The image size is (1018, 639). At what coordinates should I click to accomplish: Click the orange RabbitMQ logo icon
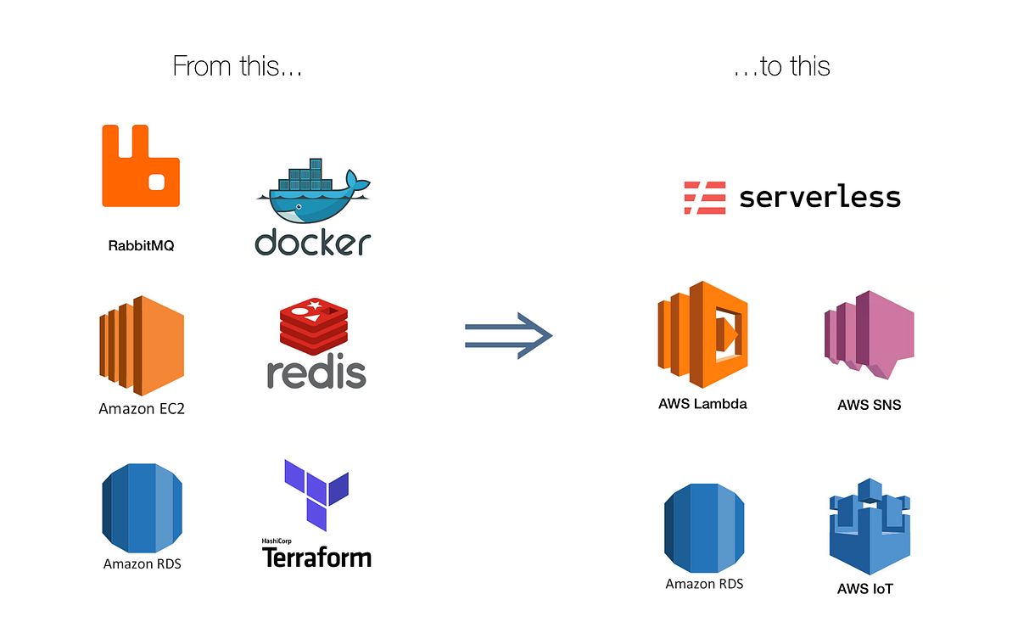click(141, 165)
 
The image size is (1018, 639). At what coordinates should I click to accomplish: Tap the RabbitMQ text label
click(141, 246)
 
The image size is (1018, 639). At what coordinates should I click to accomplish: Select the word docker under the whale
click(313, 242)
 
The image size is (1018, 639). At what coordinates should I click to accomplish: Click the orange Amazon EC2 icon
click(141, 346)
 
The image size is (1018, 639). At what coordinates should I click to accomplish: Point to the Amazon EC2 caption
click(142, 409)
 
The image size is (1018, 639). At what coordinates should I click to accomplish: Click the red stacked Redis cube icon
click(314, 327)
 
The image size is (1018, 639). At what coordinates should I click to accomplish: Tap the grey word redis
click(316, 373)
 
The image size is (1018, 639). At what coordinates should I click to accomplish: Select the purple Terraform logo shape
click(316, 494)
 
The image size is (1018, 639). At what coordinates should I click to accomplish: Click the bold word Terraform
click(316, 558)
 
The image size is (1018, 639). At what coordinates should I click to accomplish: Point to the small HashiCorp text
click(279, 541)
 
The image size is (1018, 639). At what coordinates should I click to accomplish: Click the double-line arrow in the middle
click(508, 336)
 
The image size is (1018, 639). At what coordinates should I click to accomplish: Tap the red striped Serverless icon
click(705, 197)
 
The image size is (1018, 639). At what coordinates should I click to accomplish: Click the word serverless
click(819, 197)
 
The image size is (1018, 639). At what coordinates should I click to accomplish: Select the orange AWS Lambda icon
click(702, 335)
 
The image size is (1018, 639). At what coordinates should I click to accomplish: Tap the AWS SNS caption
click(869, 405)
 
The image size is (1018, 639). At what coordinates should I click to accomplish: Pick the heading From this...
click(238, 66)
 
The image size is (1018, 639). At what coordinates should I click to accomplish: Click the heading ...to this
click(781, 66)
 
